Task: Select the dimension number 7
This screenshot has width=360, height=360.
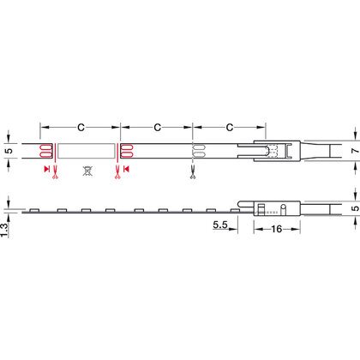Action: click(355, 151)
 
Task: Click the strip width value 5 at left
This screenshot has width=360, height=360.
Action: click(9, 151)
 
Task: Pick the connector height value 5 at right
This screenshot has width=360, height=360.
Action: click(355, 207)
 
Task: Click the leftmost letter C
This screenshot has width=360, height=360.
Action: click(81, 127)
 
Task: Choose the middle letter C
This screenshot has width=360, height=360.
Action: click(157, 127)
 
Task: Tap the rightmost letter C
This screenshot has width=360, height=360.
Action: click(230, 127)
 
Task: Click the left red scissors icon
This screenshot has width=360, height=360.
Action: click(55, 172)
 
